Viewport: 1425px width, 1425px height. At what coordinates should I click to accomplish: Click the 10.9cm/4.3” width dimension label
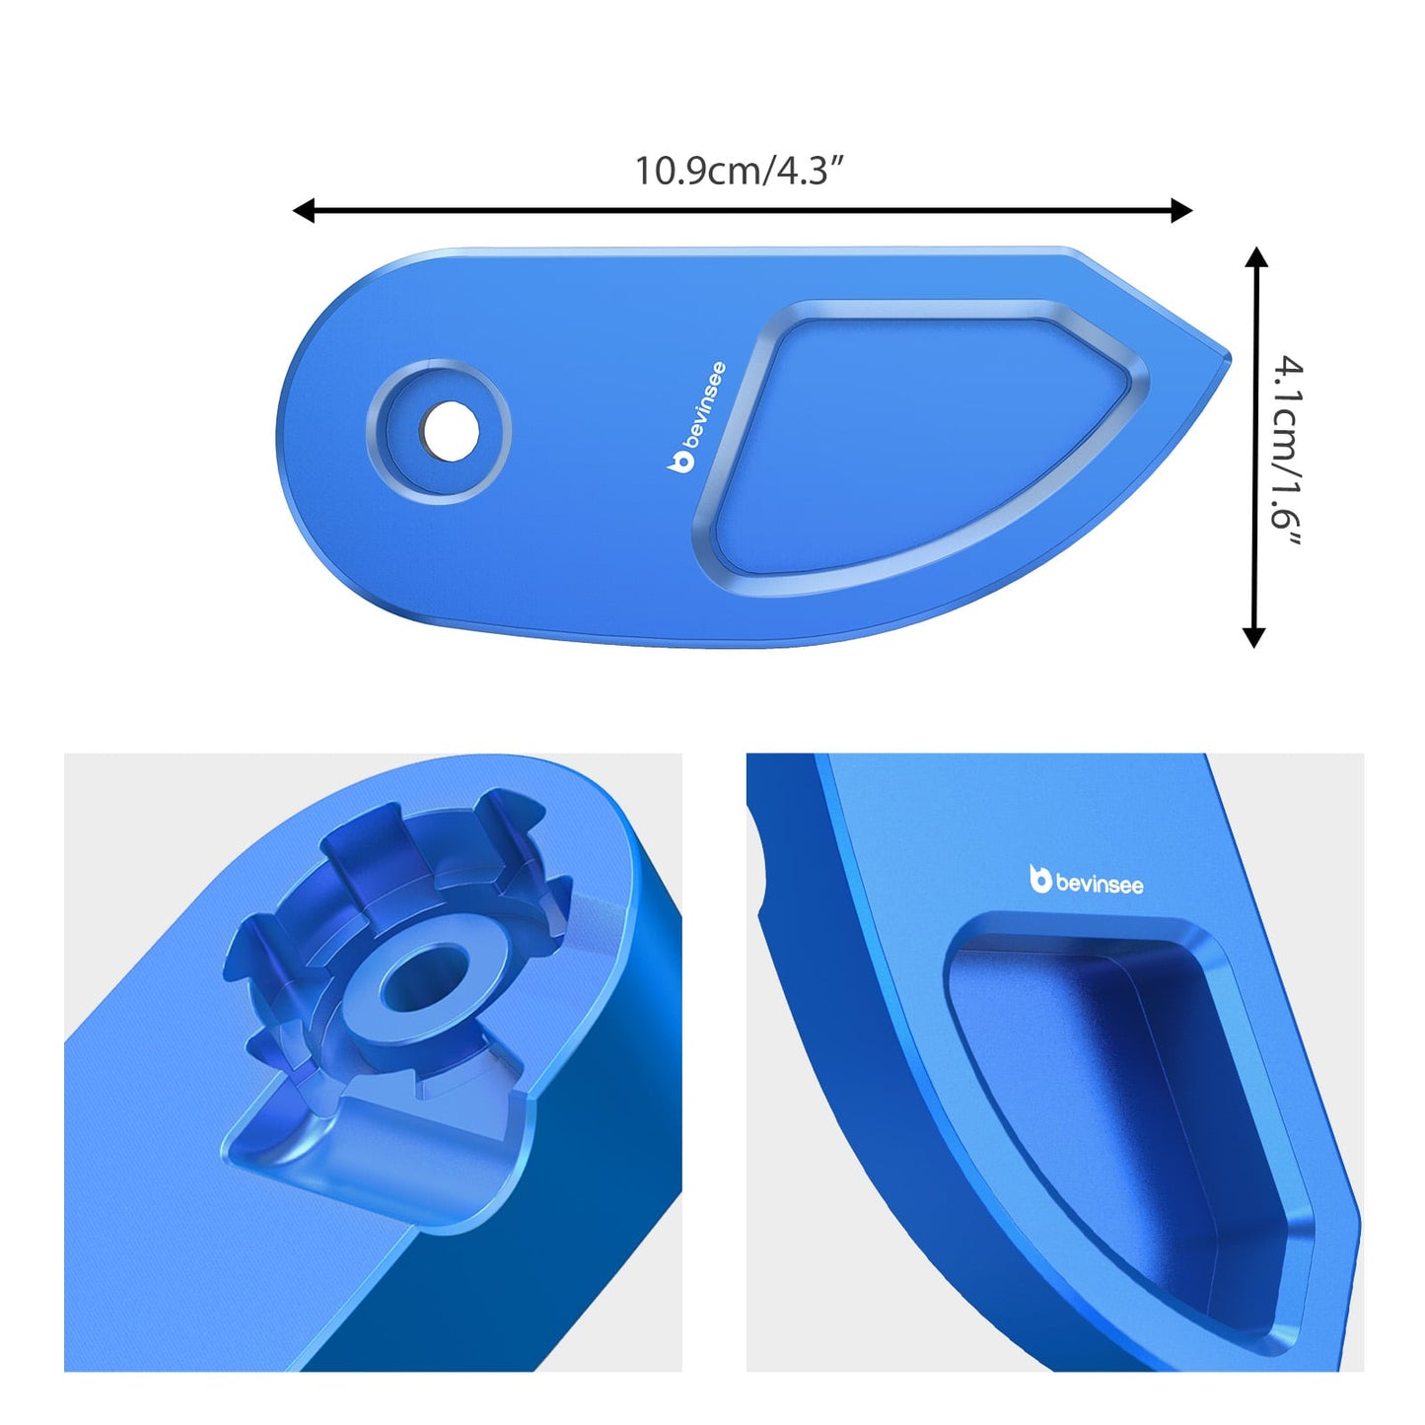point(740,171)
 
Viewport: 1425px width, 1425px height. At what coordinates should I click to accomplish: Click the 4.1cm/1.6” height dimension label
point(1287,456)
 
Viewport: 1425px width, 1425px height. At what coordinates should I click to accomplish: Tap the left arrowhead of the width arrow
point(304,210)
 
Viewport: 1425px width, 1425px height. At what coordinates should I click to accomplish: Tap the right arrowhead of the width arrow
point(1181,210)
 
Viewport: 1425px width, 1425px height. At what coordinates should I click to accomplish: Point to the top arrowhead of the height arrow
point(1255,257)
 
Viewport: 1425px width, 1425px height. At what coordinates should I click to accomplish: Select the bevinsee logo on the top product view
point(698,417)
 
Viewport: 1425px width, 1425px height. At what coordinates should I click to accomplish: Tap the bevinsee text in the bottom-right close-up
point(1099,884)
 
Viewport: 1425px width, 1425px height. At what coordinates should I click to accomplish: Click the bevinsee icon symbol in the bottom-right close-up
point(1039,879)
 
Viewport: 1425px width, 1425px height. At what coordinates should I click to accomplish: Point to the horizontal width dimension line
point(740,210)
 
